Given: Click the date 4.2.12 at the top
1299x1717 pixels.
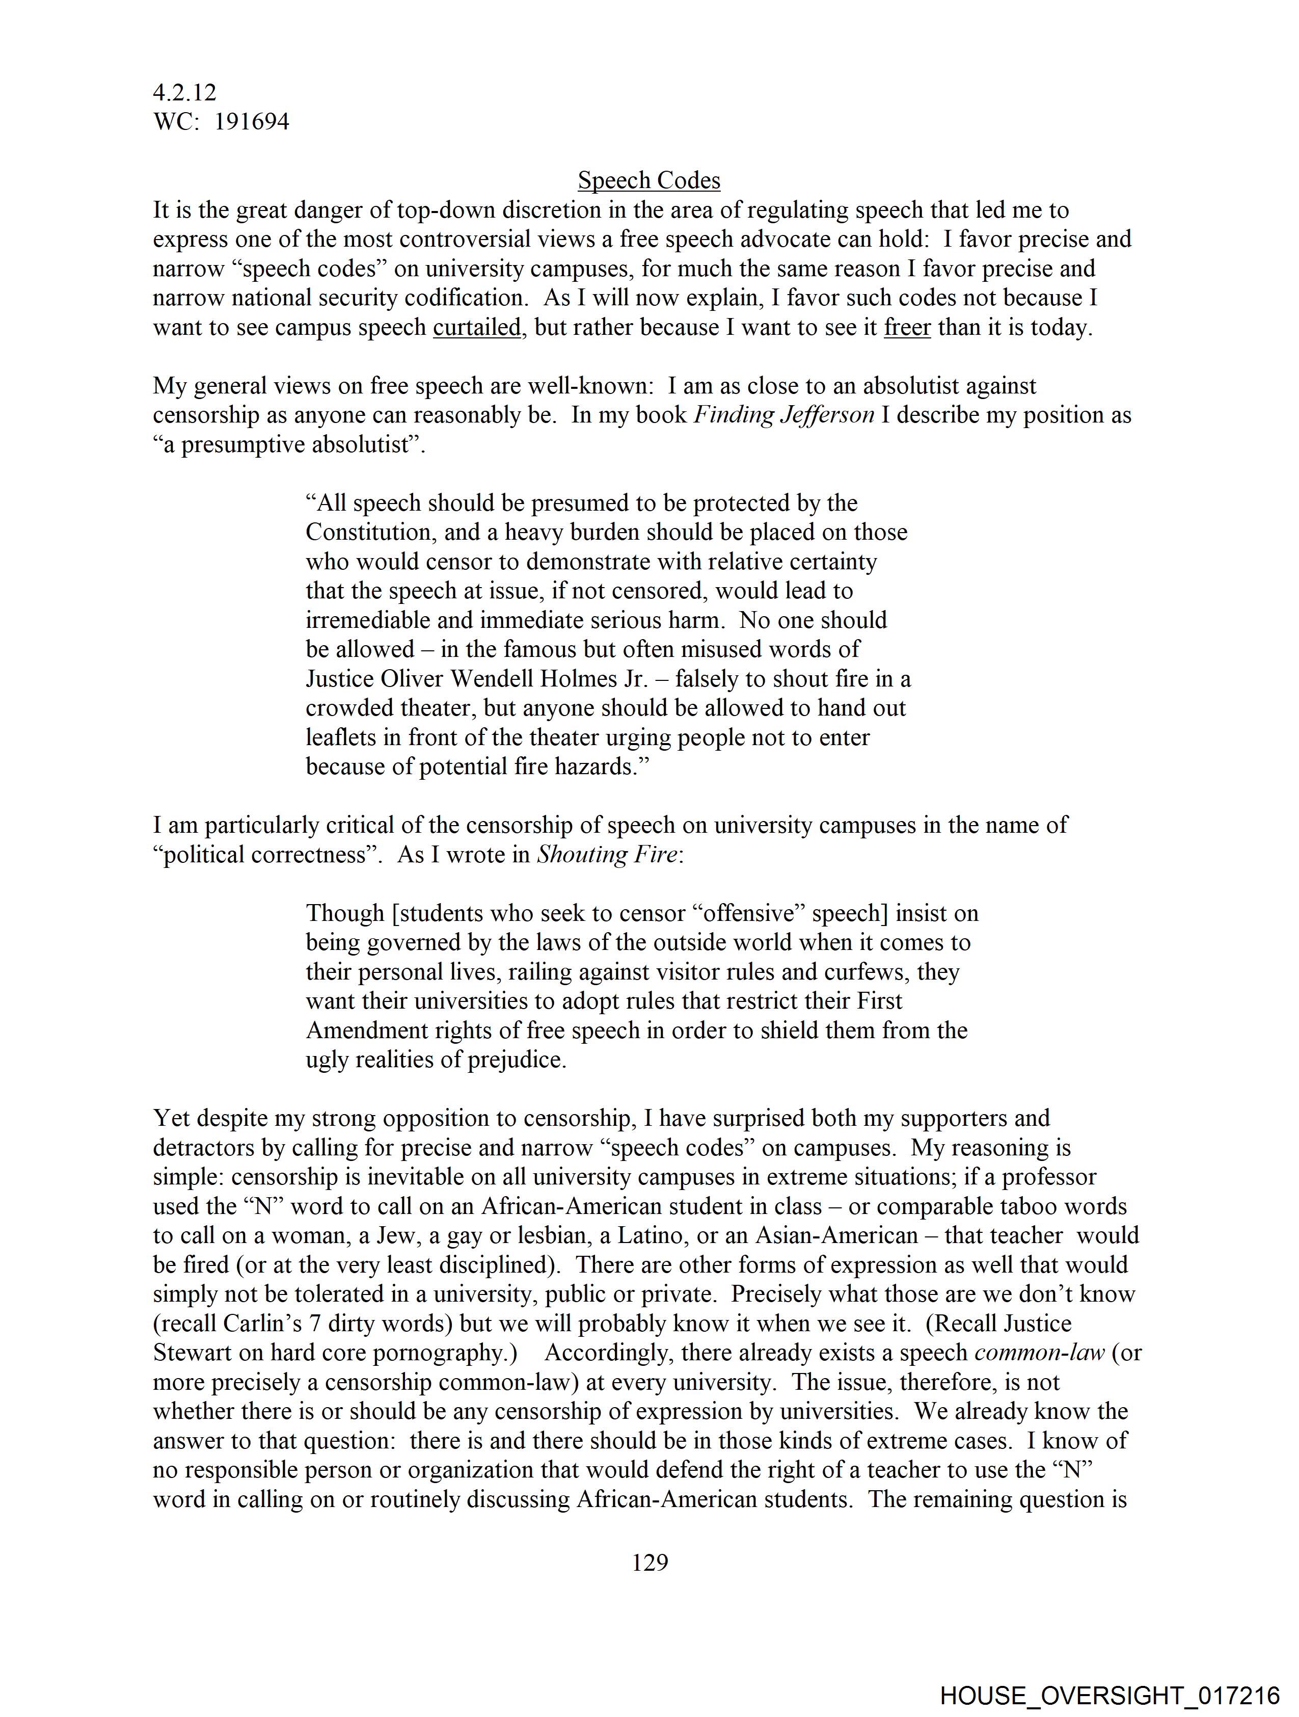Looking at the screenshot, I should (x=185, y=92).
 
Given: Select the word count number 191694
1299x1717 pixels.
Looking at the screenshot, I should (x=252, y=122).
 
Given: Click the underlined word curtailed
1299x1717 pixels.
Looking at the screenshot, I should (x=476, y=328).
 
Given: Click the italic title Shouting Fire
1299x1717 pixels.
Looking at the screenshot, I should (x=607, y=855).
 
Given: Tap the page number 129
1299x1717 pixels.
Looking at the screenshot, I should (x=649, y=1562).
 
